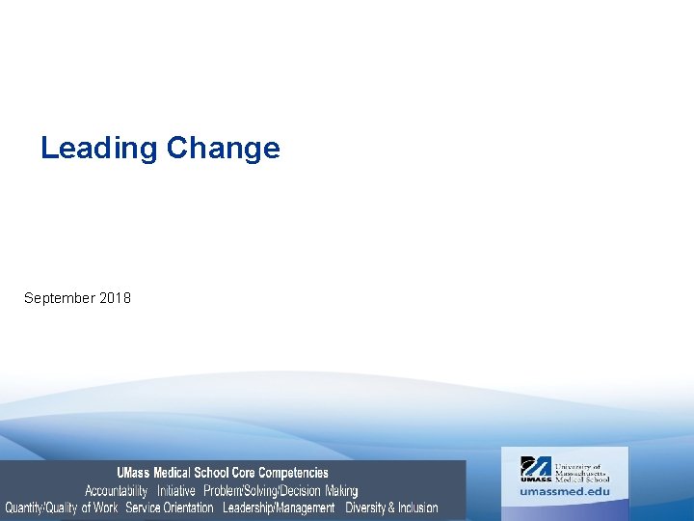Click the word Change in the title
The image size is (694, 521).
click(x=223, y=149)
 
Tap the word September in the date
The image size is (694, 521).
click(x=59, y=298)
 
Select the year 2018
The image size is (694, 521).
click(x=115, y=298)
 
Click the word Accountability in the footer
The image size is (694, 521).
click(x=116, y=490)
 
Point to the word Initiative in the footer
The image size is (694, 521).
click(x=176, y=490)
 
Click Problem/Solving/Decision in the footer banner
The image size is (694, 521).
click(x=261, y=490)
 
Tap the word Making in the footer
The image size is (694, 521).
click(x=341, y=490)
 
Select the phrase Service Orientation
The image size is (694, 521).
click(x=170, y=507)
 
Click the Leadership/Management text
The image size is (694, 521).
click(x=279, y=507)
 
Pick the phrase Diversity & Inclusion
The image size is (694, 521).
click(x=391, y=507)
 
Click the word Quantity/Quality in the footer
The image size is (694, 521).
click(x=41, y=507)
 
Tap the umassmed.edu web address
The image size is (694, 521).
click(x=565, y=491)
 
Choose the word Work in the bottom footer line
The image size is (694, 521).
click(x=106, y=507)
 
